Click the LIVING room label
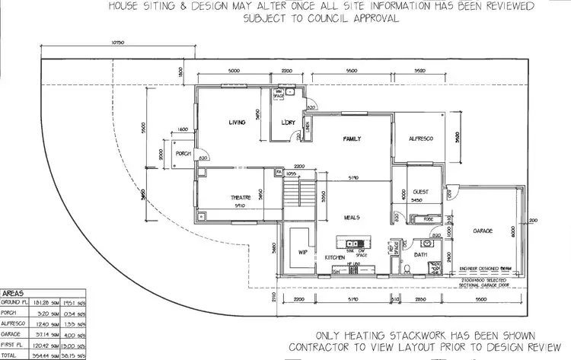241,122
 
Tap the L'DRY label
288,123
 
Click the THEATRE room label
241,198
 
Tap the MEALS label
351,218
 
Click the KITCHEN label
335,259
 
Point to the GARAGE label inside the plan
483,230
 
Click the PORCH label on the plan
183,154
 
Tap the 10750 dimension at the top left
116,43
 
